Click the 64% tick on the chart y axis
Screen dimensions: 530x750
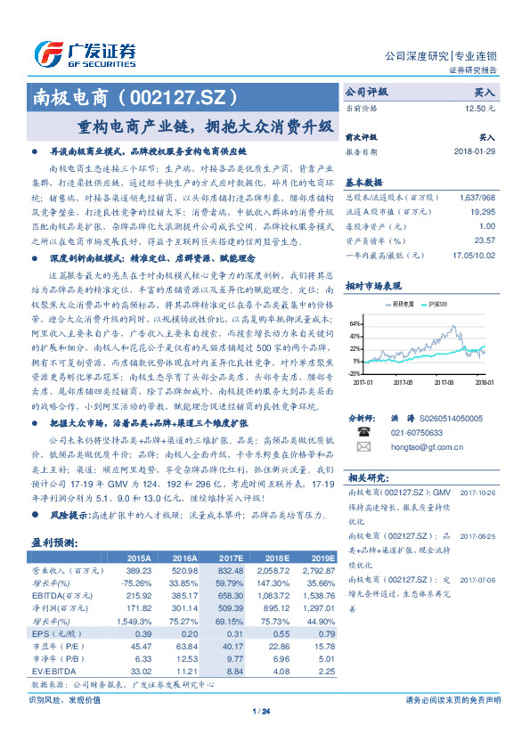tap(355, 323)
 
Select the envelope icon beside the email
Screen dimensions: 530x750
tap(363, 446)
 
